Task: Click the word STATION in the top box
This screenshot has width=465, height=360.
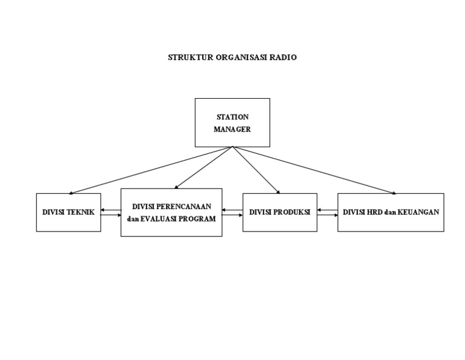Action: click(x=232, y=117)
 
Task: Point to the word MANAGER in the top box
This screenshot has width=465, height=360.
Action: click(x=232, y=129)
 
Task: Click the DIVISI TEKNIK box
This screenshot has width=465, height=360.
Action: click(x=68, y=212)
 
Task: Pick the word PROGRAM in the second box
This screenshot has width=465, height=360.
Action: click(x=197, y=218)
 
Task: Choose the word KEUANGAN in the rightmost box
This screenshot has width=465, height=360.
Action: click(x=418, y=212)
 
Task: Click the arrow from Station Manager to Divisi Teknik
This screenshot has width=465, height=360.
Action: click(x=151, y=170)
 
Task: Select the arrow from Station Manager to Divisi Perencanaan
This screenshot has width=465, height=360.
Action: click(x=203, y=168)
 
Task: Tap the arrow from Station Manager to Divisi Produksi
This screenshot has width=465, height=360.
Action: click(x=256, y=170)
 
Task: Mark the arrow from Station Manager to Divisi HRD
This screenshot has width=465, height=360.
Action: click(x=315, y=170)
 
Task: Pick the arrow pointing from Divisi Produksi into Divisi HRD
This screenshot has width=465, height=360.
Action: click(x=327, y=215)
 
